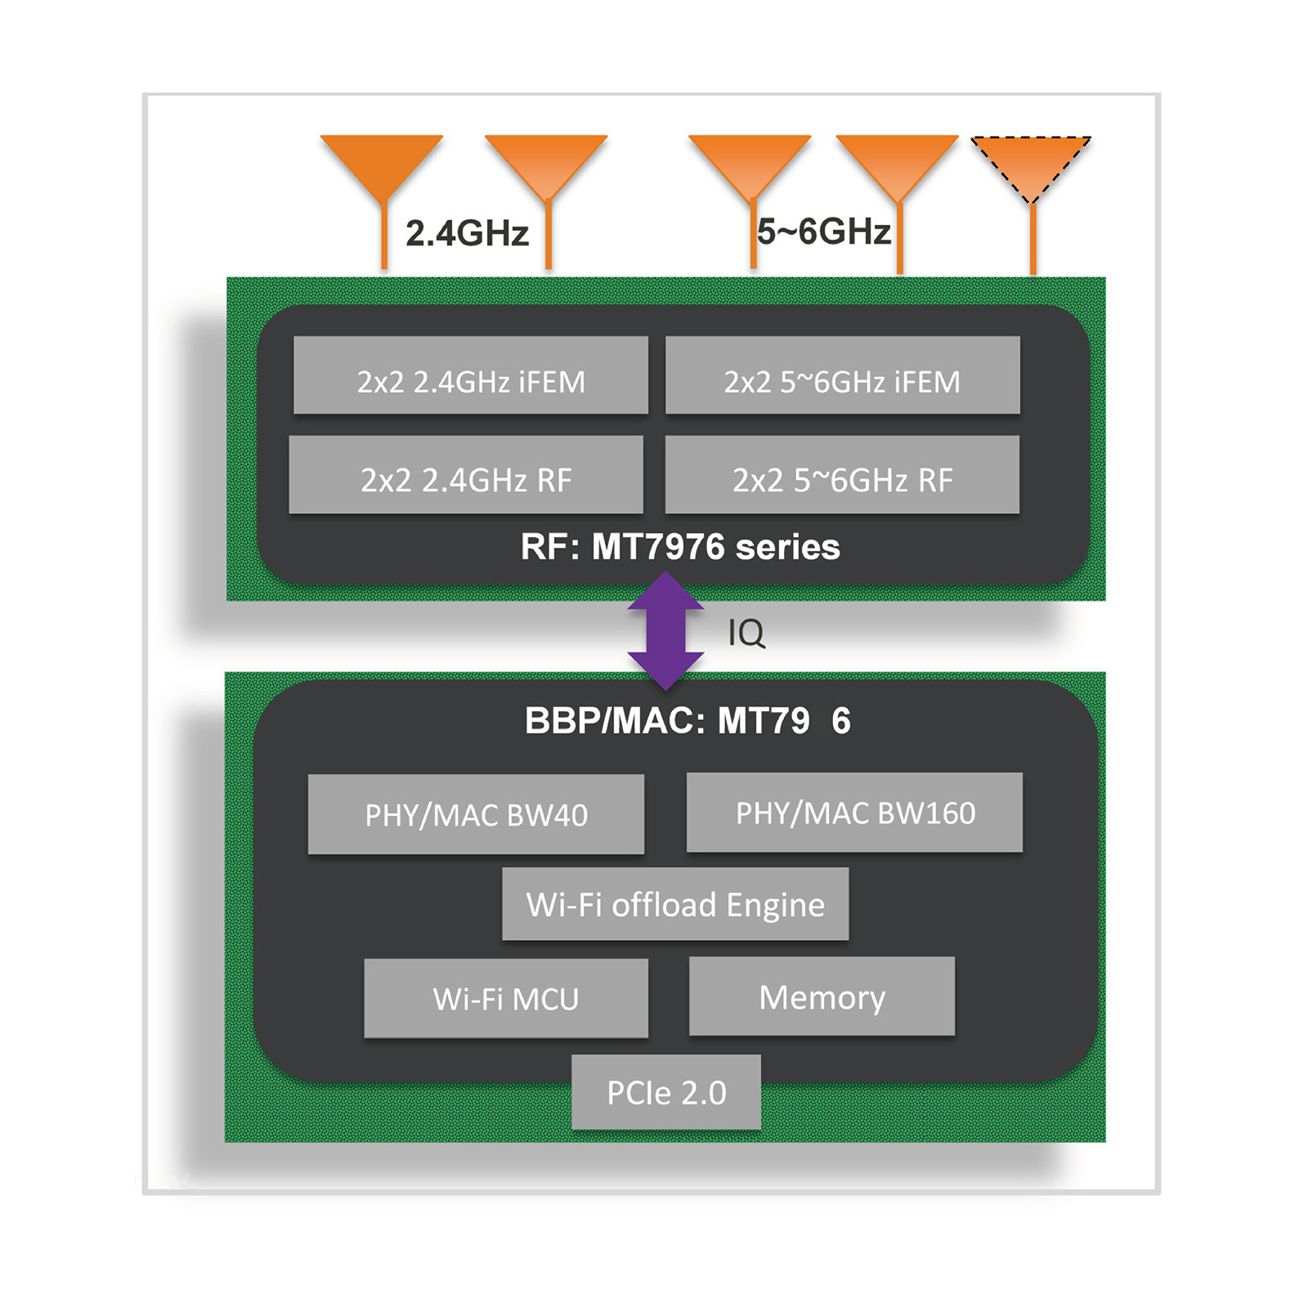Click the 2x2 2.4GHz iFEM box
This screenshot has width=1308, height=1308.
point(471,375)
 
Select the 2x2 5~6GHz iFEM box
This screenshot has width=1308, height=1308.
point(842,375)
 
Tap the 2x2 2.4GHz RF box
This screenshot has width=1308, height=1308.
point(466,475)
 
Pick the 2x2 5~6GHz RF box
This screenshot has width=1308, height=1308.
point(842,475)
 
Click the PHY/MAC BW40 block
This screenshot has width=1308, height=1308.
point(476,814)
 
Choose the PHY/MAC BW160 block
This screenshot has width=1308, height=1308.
point(854,813)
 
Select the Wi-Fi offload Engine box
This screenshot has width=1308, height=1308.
point(675,904)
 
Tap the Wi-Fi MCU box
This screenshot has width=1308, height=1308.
point(506,998)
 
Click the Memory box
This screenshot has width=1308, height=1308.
point(822,997)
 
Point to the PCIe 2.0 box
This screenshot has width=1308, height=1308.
point(666,1092)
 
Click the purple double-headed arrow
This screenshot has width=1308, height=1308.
point(665,630)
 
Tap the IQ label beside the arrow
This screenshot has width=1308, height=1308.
point(746,633)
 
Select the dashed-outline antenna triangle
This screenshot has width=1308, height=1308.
point(1031,163)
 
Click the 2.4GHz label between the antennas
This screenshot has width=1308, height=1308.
point(467,234)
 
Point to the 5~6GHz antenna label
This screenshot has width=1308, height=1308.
point(823,232)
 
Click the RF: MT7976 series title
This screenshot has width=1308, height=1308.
point(680,547)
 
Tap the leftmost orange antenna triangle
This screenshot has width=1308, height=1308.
point(382,162)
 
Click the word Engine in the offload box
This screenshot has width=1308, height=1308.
point(775,905)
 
